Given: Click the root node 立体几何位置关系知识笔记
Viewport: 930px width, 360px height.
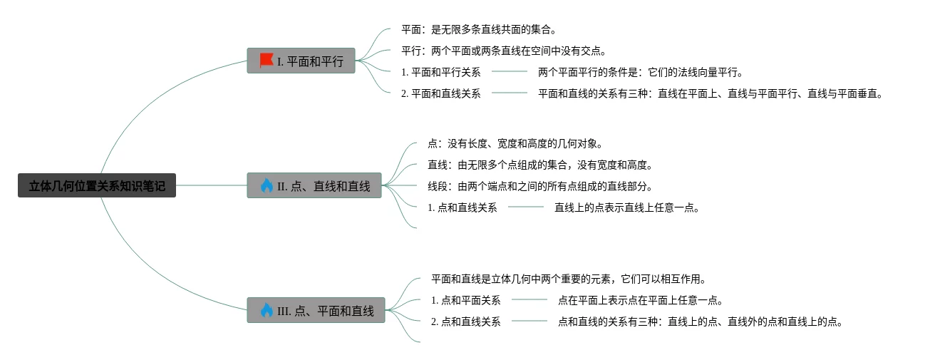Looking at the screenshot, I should click(x=97, y=186).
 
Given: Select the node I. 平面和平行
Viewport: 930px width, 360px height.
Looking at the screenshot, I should click(x=301, y=61).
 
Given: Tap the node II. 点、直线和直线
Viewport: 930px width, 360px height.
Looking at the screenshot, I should click(x=314, y=186).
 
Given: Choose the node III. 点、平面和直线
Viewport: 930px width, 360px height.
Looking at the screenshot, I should click(x=316, y=311).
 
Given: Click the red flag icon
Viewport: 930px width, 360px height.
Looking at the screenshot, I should click(x=267, y=61).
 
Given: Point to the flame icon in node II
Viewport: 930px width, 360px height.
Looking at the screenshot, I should click(x=267, y=185).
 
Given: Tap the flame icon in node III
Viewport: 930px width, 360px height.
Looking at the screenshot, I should click(x=267, y=310).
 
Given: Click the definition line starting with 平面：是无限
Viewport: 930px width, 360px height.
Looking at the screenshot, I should click(x=478, y=30).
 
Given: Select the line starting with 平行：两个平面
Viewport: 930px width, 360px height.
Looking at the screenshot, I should click(x=503, y=51).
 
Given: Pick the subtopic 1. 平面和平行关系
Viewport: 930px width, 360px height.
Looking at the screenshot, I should click(x=440, y=72).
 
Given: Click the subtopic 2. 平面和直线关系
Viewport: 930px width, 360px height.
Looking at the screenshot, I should click(x=440, y=93).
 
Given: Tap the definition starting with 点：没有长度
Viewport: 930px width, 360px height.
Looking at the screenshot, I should click(x=515, y=144).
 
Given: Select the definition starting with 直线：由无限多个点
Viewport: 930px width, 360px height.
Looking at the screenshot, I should click(x=540, y=165).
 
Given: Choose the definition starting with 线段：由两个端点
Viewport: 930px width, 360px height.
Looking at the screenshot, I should click(x=540, y=187).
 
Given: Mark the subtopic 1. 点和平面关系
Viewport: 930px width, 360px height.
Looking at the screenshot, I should click(x=465, y=301).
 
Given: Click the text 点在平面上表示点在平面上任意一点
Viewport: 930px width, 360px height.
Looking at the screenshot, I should click(x=641, y=301).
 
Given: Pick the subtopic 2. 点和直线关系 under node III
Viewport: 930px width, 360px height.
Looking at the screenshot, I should click(x=465, y=322).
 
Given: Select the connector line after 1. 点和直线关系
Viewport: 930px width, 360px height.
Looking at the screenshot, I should click(x=526, y=207).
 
